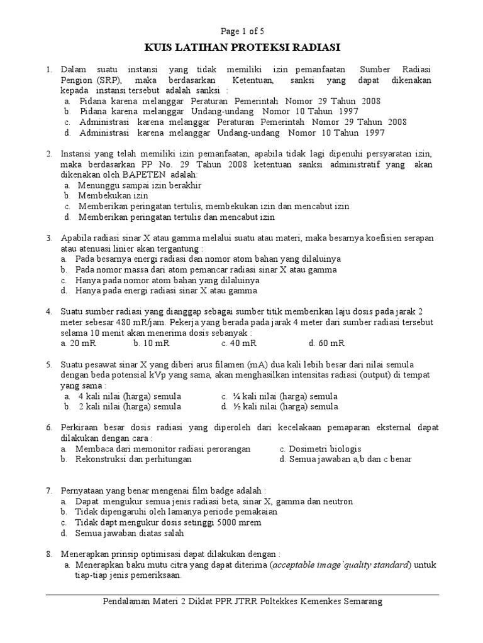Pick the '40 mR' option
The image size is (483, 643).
[x=241, y=343]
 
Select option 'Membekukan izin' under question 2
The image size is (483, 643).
[x=113, y=196]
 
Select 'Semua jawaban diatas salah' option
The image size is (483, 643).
[x=129, y=533]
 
